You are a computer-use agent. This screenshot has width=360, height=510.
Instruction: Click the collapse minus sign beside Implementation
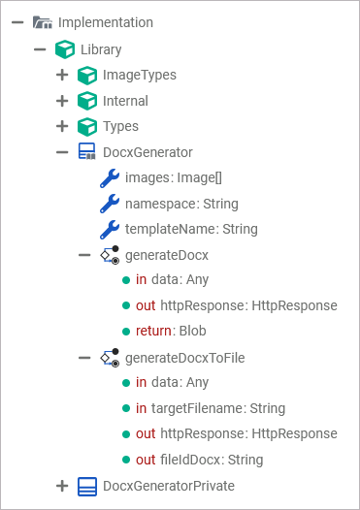(17, 22)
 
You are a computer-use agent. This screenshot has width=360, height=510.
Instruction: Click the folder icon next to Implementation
(42, 22)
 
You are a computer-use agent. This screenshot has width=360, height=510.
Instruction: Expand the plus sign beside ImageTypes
(62, 75)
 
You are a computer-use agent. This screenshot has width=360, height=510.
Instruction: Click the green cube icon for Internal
(87, 101)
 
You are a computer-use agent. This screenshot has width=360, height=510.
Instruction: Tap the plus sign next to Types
(62, 126)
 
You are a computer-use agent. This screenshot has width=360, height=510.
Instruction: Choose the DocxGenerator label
(147, 152)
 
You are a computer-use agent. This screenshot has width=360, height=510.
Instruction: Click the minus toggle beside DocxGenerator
(62, 152)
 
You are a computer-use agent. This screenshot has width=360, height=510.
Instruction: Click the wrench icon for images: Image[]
(110, 178)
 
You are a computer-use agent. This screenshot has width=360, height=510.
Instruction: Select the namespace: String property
(181, 204)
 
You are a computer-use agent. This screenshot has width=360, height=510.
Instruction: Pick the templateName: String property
(191, 230)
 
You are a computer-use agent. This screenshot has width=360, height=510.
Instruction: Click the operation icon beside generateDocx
(110, 255)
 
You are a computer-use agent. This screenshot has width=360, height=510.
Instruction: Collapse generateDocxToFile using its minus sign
(84, 357)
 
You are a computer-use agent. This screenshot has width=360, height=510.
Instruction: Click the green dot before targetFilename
(126, 408)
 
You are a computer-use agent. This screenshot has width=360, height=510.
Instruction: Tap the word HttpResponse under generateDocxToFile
(294, 433)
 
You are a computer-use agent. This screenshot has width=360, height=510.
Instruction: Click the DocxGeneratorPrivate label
(169, 485)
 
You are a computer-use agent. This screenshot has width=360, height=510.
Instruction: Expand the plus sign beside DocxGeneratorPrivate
(62, 485)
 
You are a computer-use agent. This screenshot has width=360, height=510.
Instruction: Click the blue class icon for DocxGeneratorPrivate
(87, 485)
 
